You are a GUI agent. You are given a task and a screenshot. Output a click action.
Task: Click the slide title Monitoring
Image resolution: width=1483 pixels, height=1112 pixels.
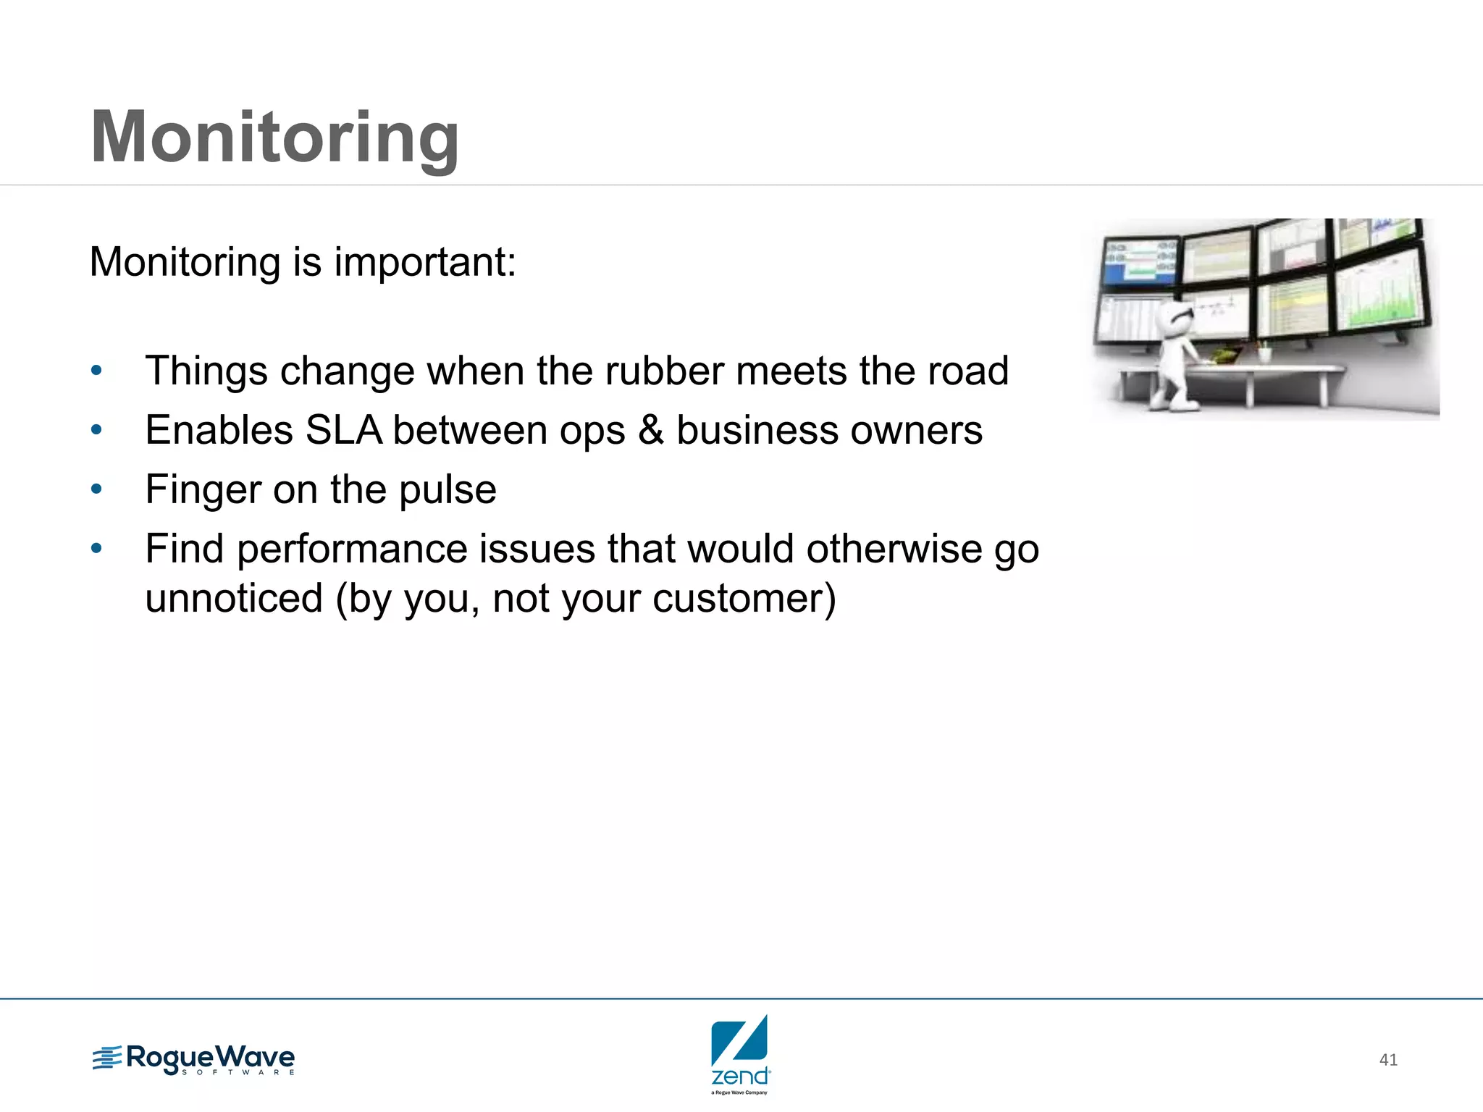(x=274, y=138)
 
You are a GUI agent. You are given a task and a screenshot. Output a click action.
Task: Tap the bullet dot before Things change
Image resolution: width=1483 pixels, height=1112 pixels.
(x=96, y=371)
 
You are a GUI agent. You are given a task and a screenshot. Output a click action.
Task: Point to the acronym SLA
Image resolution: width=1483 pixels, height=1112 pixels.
(x=343, y=431)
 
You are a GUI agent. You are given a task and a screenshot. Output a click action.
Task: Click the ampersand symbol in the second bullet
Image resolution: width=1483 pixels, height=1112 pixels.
(x=651, y=431)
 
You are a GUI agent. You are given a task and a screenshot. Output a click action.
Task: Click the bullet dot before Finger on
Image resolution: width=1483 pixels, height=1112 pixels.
(x=96, y=490)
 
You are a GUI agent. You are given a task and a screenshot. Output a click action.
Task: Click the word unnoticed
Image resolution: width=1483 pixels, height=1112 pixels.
(x=234, y=599)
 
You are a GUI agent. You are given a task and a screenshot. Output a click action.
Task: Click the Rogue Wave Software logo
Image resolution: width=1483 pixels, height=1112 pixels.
(x=194, y=1060)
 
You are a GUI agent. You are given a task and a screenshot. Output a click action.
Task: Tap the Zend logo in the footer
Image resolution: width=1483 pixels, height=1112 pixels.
(x=740, y=1053)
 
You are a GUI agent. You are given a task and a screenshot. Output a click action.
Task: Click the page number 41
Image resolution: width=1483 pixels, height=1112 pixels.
(x=1388, y=1060)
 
